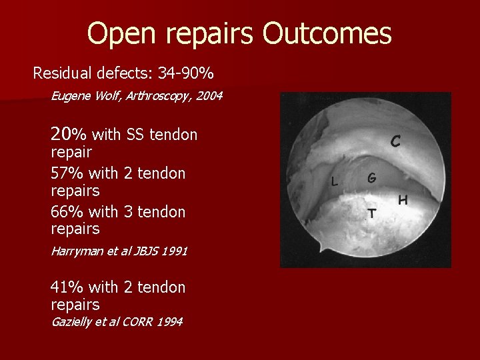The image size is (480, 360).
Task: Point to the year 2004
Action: click(209, 97)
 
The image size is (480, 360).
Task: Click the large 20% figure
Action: click(69, 135)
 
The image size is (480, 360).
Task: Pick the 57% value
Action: click(67, 173)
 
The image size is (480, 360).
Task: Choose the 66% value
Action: click(67, 212)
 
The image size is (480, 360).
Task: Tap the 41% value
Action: click(66, 287)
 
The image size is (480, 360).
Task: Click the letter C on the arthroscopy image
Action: click(395, 141)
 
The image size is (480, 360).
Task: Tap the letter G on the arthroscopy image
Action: click(371, 178)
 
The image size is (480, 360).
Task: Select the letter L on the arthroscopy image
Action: click(335, 181)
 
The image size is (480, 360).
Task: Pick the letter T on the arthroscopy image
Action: click(372, 213)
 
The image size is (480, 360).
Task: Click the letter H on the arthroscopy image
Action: click(403, 199)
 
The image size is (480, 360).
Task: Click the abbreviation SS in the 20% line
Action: click(136, 135)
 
